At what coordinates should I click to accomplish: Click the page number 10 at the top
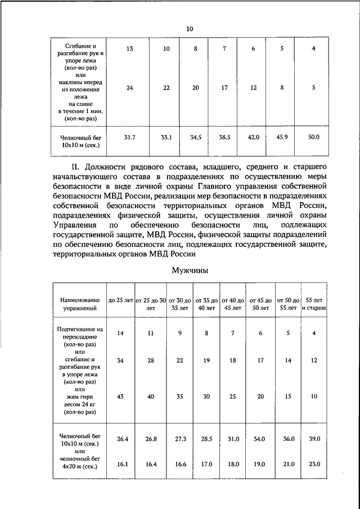click(x=189, y=29)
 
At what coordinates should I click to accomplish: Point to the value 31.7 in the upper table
click(x=129, y=137)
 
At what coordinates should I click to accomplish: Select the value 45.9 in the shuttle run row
click(x=283, y=137)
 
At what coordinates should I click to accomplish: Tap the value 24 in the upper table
click(x=129, y=88)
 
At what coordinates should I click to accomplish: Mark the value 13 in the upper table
click(x=129, y=49)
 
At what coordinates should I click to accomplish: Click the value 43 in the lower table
click(x=120, y=396)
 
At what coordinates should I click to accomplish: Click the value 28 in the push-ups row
click(x=151, y=361)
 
